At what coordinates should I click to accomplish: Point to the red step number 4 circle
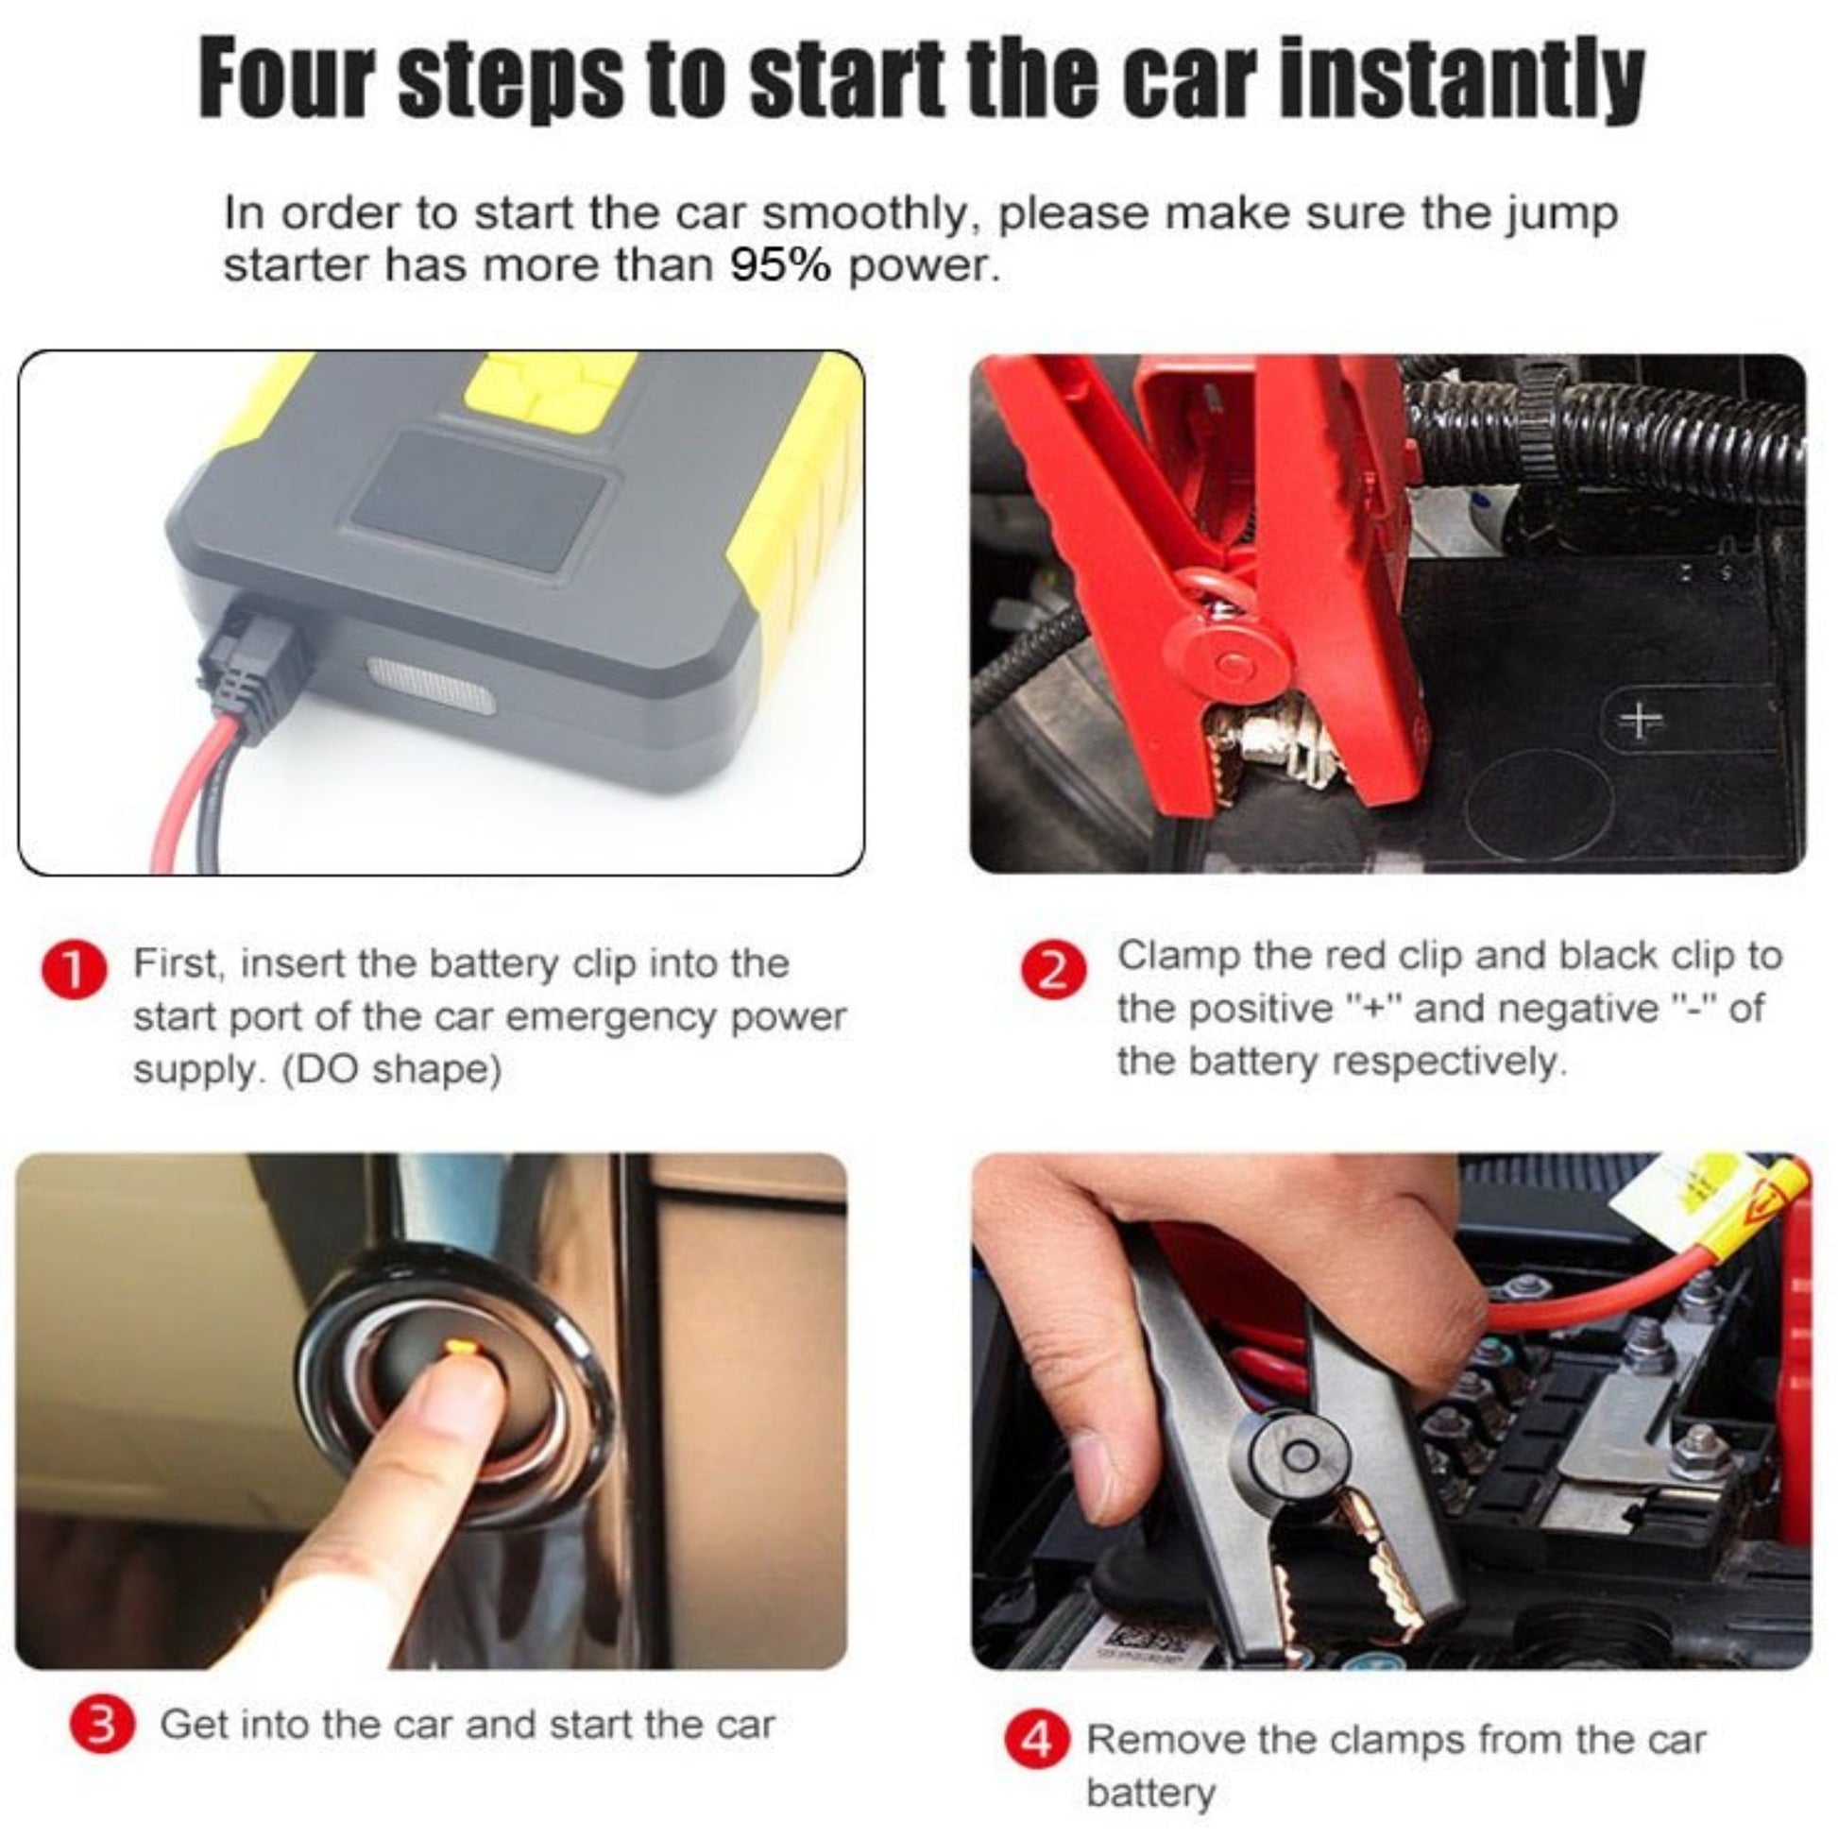(1036, 1740)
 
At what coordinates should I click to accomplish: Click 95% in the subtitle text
(781, 265)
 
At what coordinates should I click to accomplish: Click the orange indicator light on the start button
(458, 1345)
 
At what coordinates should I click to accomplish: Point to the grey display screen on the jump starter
(479, 502)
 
